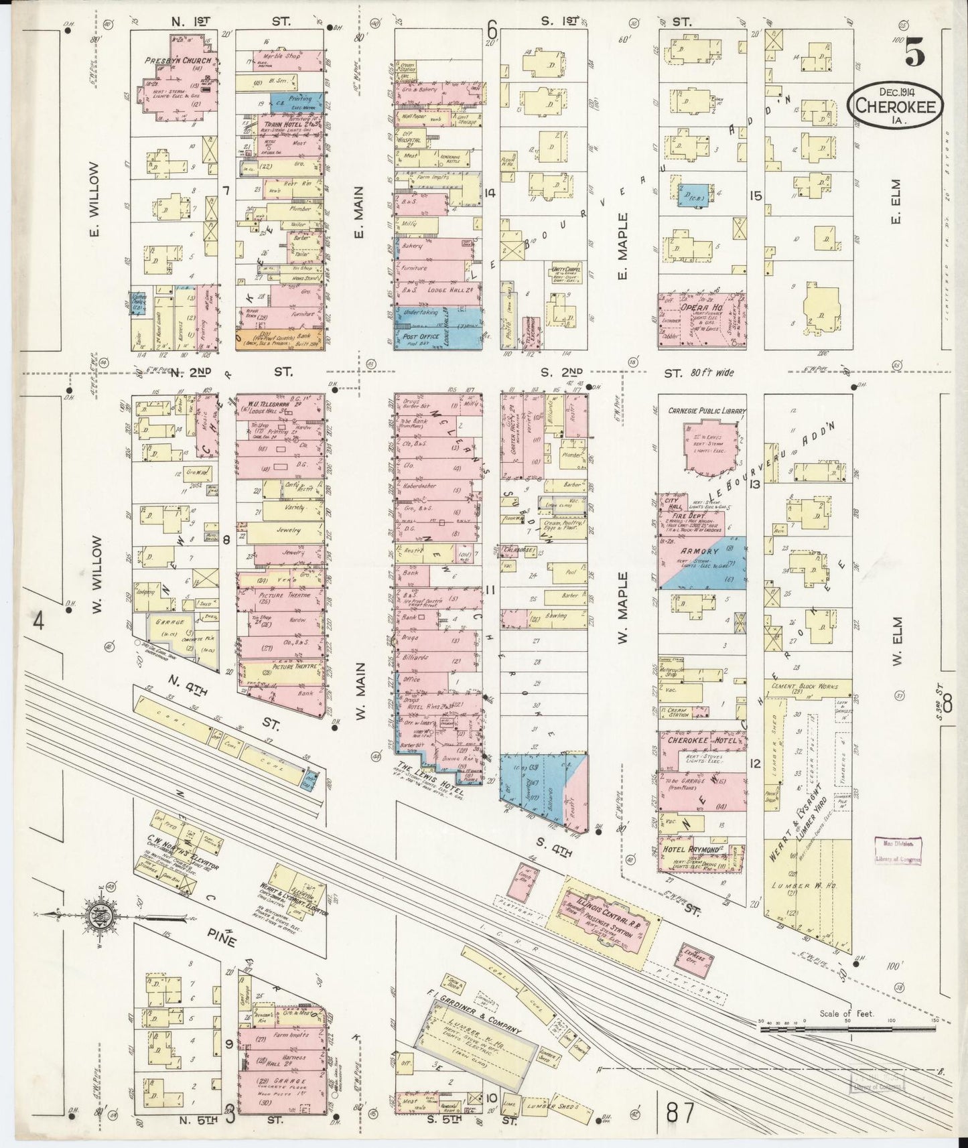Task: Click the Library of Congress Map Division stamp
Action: [898, 852]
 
